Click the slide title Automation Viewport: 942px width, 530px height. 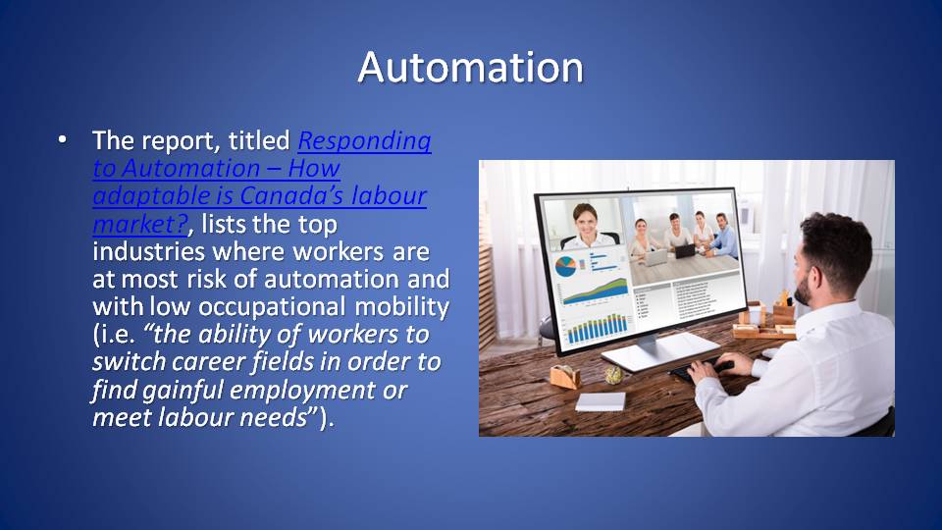click(470, 67)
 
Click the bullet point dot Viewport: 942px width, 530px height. click(63, 140)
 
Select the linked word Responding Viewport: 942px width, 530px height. click(365, 141)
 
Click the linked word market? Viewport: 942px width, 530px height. click(141, 225)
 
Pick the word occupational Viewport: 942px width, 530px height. click(272, 307)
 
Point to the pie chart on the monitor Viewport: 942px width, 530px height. click(566, 266)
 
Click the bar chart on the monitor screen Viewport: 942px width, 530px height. click(599, 328)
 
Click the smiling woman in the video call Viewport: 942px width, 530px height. click(585, 226)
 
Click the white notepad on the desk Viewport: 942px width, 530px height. click(601, 400)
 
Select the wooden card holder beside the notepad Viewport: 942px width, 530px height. click(565, 376)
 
